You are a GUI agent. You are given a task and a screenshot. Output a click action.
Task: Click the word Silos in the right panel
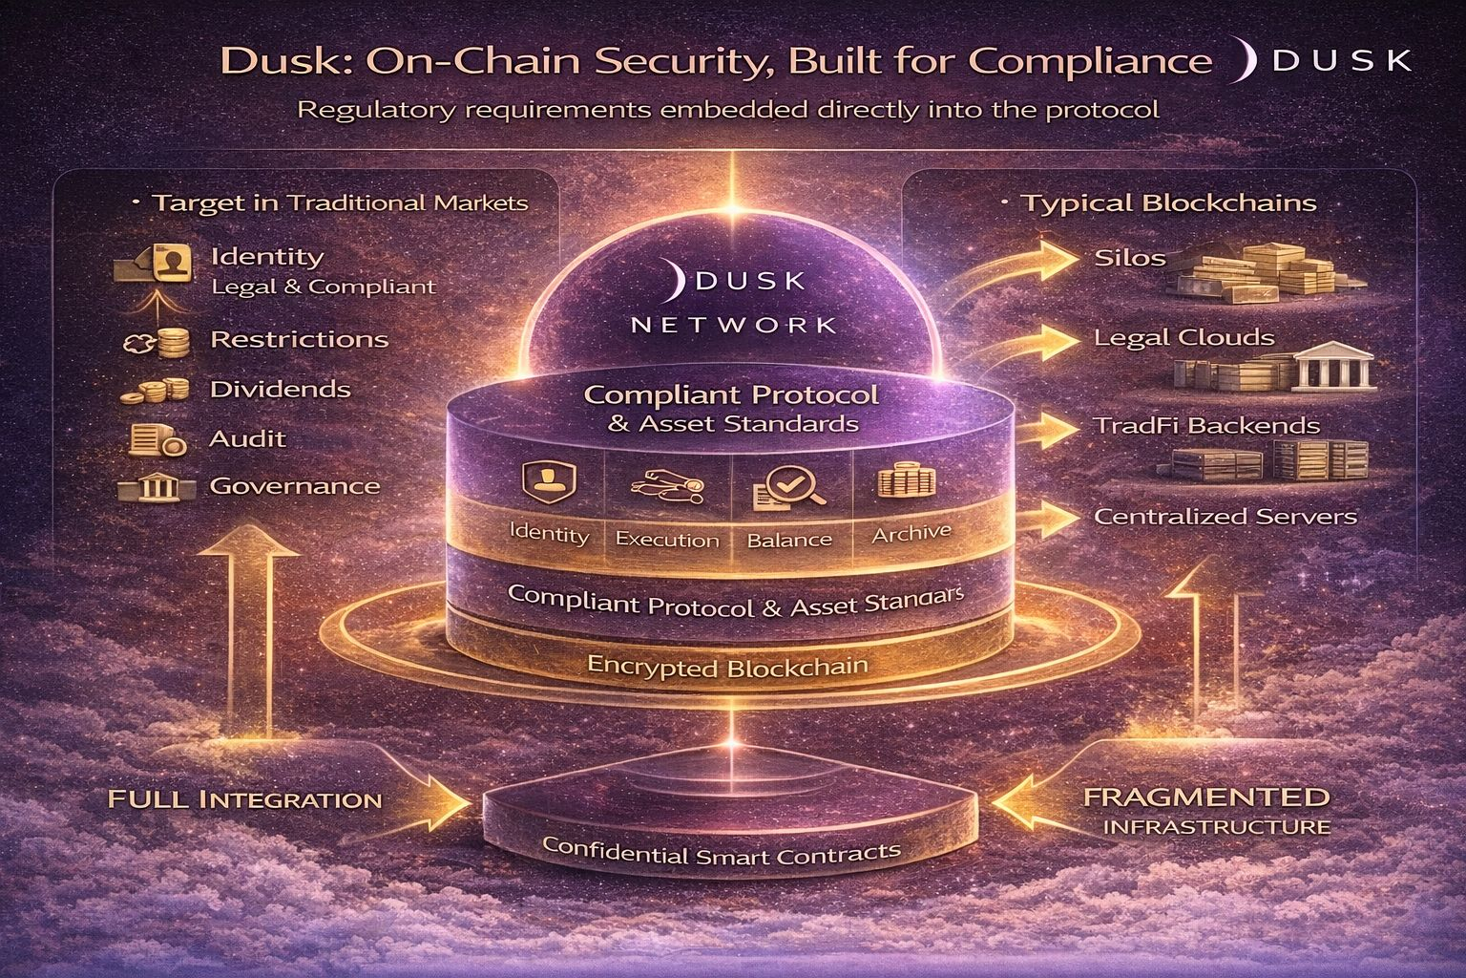(1131, 258)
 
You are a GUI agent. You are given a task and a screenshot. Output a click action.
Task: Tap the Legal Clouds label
(1183, 338)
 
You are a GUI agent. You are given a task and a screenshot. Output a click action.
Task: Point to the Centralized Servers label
(1225, 517)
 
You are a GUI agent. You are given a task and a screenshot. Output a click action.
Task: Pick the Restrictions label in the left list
(299, 340)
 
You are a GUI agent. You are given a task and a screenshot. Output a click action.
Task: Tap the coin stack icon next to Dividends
(153, 390)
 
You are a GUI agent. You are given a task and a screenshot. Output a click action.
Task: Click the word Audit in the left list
(247, 439)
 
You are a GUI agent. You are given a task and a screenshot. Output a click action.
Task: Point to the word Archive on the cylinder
(911, 533)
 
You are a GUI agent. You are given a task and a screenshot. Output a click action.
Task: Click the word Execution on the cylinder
(667, 540)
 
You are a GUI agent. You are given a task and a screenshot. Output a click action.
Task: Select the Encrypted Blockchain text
(728, 667)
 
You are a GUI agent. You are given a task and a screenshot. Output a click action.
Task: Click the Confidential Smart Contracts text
(721, 850)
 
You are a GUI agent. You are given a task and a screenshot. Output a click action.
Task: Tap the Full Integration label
(244, 798)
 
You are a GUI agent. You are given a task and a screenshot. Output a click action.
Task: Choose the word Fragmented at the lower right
(1206, 797)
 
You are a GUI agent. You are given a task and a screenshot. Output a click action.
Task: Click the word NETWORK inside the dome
(734, 324)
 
